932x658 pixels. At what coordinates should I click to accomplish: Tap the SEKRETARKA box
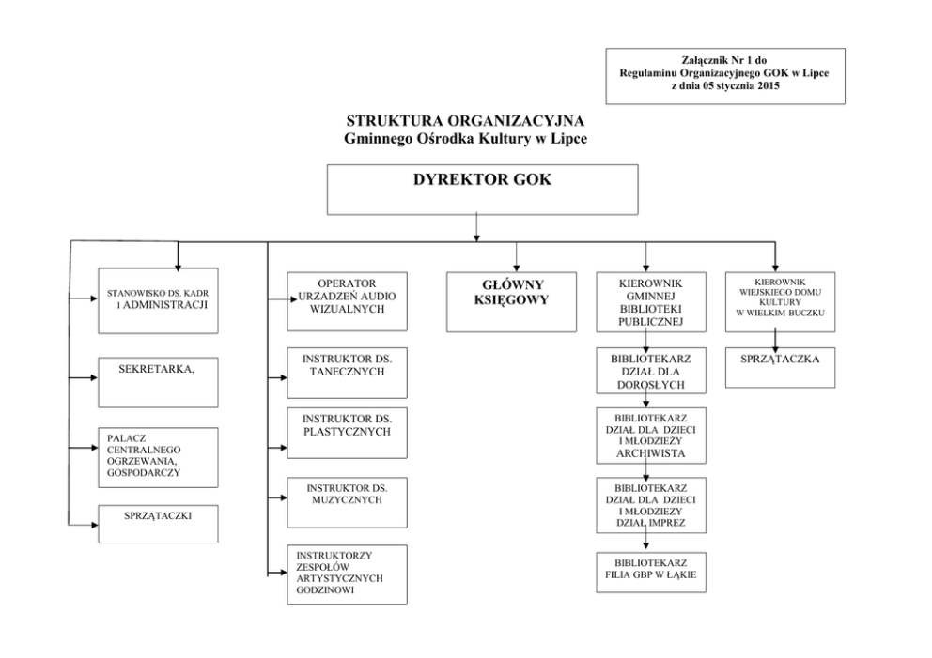(157, 380)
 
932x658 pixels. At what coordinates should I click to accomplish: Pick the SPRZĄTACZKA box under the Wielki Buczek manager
(779, 368)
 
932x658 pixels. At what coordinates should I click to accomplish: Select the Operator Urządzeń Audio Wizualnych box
(347, 300)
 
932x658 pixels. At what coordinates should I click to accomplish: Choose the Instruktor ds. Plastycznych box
(347, 432)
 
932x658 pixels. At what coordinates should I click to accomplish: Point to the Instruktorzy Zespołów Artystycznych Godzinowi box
(347, 573)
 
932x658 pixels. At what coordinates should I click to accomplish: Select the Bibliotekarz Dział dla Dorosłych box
(650, 372)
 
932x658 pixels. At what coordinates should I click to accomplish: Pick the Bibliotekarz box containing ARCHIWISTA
(650, 435)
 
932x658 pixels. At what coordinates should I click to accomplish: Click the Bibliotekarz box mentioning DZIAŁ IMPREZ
(650, 505)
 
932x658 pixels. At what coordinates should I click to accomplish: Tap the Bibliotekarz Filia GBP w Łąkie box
(650, 573)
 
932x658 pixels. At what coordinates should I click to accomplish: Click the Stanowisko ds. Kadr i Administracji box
(157, 300)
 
